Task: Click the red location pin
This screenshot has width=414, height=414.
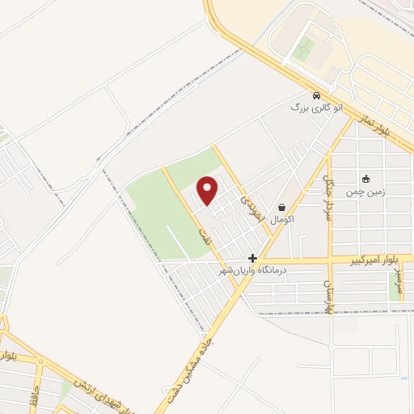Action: tap(209, 191)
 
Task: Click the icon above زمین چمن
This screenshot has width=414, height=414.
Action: tap(366, 179)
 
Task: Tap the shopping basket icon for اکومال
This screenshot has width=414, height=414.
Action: tap(281, 207)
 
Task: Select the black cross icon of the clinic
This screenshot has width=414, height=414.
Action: tap(253, 258)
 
